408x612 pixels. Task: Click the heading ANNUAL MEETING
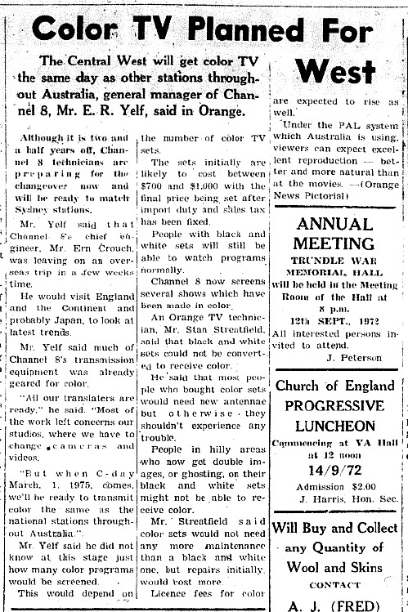pos(336,233)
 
